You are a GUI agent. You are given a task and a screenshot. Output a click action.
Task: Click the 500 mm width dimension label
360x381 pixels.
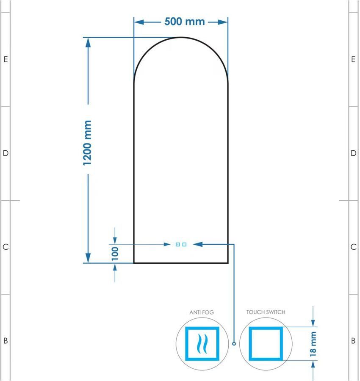tap(185, 22)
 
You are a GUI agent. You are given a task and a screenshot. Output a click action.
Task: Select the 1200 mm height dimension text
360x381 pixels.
tap(87, 143)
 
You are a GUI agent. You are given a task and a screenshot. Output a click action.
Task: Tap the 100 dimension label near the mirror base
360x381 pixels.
tap(115, 254)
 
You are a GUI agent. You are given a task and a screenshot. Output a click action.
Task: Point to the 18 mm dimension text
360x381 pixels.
tap(313, 344)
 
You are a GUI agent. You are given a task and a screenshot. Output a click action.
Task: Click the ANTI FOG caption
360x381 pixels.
tap(202, 312)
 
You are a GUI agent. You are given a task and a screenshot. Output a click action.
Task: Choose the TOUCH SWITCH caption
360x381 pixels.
tap(266, 312)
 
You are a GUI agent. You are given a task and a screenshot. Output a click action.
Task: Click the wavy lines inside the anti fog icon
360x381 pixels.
tap(202, 344)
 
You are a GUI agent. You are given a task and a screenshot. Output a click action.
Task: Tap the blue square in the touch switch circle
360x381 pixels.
tap(266, 344)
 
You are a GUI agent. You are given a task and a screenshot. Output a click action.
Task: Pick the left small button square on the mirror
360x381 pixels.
tap(178, 244)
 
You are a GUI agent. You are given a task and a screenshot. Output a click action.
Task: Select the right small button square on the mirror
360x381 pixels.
tap(185, 244)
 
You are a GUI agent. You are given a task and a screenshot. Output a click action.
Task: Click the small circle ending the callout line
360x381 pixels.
tap(234, 344)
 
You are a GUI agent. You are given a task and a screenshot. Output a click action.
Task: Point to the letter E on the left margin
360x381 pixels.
tap(6, 59)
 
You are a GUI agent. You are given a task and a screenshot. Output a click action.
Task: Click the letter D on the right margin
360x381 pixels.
tap(354, 153)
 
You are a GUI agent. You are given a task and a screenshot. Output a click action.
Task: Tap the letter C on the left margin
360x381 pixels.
tap(6, 247)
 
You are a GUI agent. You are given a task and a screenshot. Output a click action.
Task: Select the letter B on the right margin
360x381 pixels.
tap(353, 341)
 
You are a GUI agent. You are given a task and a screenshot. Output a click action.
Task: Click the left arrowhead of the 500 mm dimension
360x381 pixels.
tap(139, 22)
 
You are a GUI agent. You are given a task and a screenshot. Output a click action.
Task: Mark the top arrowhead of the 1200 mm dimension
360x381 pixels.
tap(88, 42)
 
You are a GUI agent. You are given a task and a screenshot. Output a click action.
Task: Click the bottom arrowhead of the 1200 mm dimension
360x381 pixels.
tap(88, 258)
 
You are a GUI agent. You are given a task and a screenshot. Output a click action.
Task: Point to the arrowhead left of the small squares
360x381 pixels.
tap(167, 244)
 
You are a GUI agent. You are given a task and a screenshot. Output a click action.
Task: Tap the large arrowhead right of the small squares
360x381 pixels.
tap(198, 244)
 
